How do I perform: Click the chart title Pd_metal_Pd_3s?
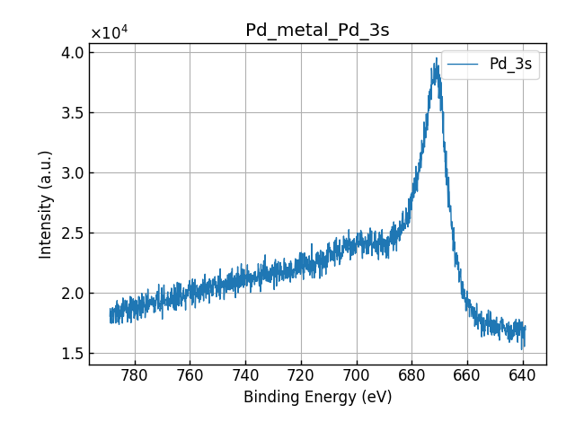point(317,31)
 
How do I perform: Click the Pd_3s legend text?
point(510,65)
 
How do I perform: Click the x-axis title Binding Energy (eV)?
point(317,397)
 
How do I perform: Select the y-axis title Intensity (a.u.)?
point(47,204)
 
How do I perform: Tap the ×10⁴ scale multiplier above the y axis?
point(109,33)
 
